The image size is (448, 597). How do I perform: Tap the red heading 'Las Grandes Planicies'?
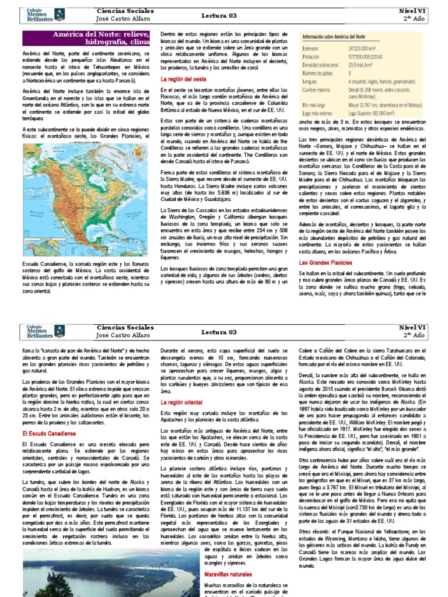click(322, 264)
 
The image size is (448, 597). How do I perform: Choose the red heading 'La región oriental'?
click(181, 402)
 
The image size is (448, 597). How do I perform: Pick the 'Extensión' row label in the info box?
click(311, 49)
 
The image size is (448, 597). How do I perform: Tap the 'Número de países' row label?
click(318, 75)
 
